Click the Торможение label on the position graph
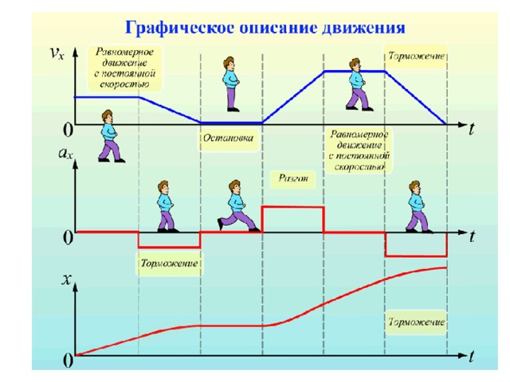(x=416, y=322)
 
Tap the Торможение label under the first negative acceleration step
(x=169, y=263)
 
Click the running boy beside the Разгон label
(x=237, y=205)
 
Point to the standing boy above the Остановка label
(x=231, y=83)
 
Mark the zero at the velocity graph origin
(x=69, y=129)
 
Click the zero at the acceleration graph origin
(x=69, y=237)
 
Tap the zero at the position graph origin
(x=69, y=361)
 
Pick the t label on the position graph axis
(x=472, y=356)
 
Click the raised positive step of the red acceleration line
(x=292, y=208)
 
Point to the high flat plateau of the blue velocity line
(x=355, y=72)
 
